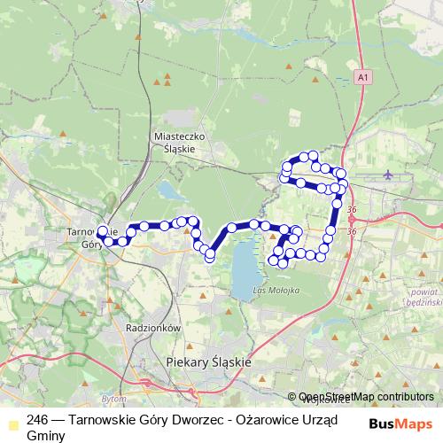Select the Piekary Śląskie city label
click(x=209, y=362)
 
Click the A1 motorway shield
click(x=362, y=79)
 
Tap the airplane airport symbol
click(x=389, y=175)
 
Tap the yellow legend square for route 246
click(x=11, y=421)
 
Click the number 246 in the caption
click(x=38, y=421)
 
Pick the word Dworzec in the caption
click(x=186, y=421)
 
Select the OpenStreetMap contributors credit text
click(x=366, y=397)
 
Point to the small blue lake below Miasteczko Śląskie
click(x=168, y=190)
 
